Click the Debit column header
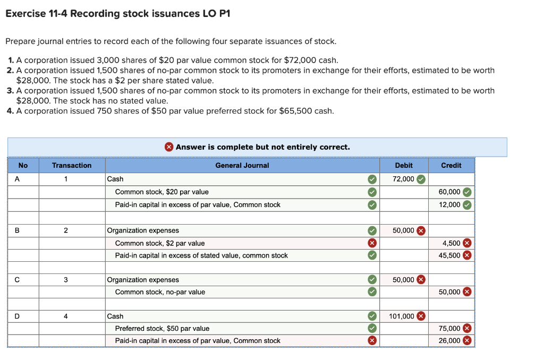[x=404, y=165]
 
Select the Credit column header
[x=451, y=165]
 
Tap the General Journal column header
[x=242, y=165]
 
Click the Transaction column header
[x=72, y=165]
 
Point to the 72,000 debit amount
[x=403, y=179]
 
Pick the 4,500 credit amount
[x=452, y=243]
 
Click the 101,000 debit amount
[x=402, y=316]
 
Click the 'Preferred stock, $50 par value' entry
[x=162, y=328]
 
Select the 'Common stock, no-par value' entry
[x=160, y=292]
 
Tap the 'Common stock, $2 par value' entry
[x=160, y=243]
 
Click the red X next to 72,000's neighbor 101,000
[x=421, y=316]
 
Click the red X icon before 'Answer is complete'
[x=169, y=147]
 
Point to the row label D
[x=17, y=316]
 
